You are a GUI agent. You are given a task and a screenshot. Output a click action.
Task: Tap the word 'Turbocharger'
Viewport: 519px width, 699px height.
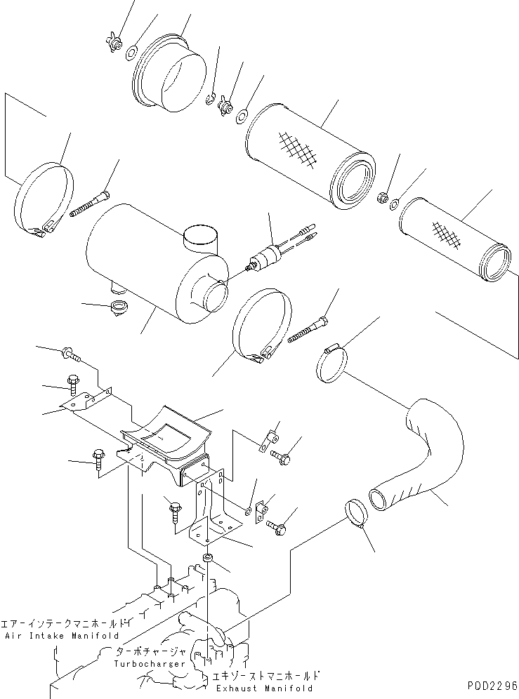[x=151, y=663]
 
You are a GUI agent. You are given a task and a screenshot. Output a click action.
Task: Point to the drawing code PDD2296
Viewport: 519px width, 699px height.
[x=490, y=685]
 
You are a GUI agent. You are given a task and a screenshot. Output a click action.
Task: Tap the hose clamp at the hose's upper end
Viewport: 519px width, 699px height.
[x=332, y=365]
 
